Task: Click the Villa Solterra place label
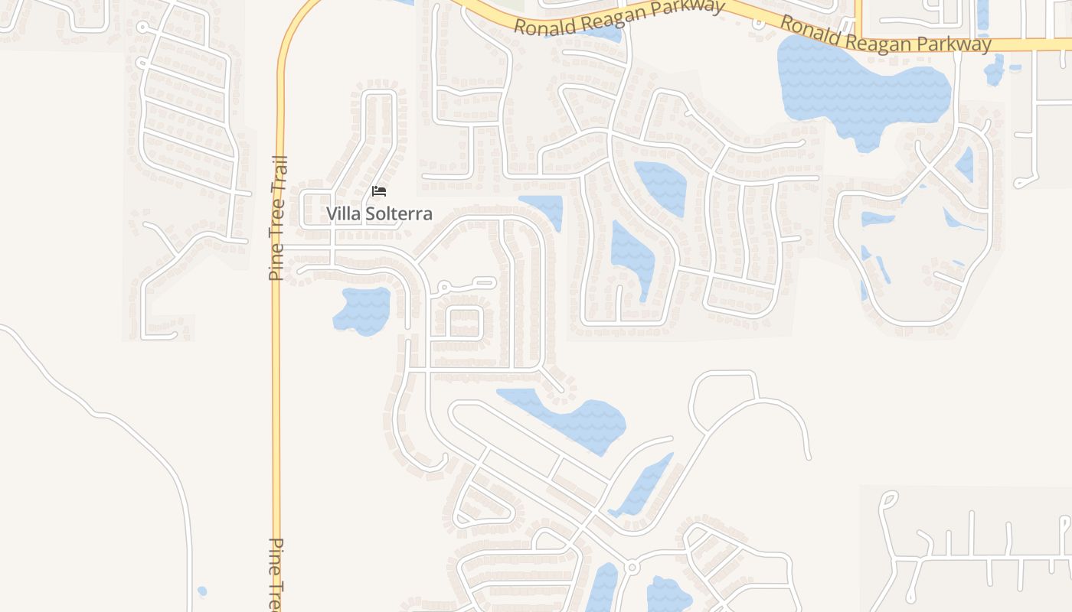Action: pos(379,213)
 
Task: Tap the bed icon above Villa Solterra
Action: pos(379,191)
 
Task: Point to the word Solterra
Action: pos(397,213)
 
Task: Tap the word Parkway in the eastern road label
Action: pos(952,44)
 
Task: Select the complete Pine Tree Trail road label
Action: pos(277,218)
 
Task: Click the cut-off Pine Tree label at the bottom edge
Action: pos(276,574)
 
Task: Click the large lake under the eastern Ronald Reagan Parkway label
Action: pos(858,88)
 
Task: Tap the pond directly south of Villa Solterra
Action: pos(362,310)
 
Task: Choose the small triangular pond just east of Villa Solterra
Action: pos(545,208)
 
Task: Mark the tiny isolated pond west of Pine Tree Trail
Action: pos(201,591)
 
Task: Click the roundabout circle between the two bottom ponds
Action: pos(632,568)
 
